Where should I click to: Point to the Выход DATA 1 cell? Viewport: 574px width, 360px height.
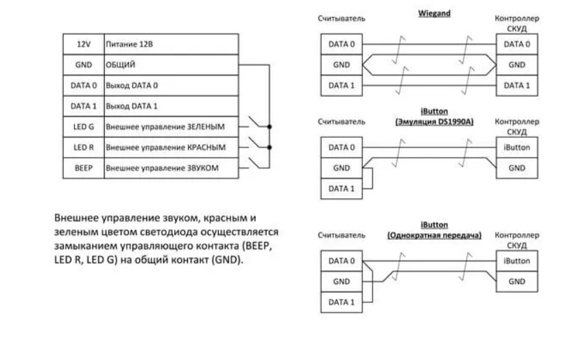171,106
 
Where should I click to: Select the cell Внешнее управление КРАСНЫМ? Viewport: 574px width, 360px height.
171,147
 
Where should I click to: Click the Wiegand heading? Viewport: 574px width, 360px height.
434,13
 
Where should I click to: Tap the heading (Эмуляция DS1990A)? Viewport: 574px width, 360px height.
435,121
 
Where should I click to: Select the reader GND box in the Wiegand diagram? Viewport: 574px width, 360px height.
342,64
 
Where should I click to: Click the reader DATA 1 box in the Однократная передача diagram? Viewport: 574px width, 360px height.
342,302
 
